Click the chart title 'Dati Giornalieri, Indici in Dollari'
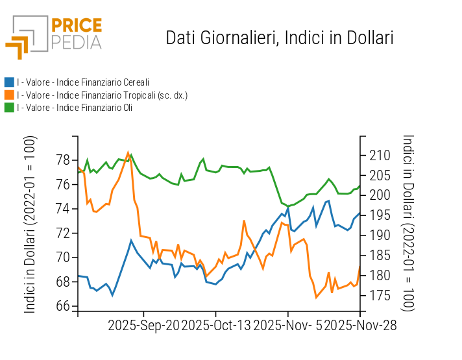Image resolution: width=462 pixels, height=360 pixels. pos(280,38)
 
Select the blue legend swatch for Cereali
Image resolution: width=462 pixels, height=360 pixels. pos(9,82)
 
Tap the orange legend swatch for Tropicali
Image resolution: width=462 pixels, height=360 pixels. pos(9,95)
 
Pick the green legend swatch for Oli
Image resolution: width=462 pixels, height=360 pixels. pos(9,108)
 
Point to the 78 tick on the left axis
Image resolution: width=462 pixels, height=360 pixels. pos(63,160)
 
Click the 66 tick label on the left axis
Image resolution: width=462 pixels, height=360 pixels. pos(63,306)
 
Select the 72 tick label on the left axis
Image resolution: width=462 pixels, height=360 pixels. pos(63,233)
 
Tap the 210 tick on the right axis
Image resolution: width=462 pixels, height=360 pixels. pos(380,156)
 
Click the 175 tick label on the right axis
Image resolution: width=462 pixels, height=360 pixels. pos(380,296)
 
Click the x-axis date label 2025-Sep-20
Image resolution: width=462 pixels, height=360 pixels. pos(143,325)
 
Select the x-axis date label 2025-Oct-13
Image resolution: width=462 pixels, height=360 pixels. pos(215,325)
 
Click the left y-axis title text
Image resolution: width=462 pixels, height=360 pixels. pos(30,224)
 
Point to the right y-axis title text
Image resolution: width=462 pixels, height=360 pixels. pos(408,224)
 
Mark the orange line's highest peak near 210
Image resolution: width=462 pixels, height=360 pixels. pos(128,152)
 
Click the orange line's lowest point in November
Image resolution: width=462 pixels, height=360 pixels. pos(316,297)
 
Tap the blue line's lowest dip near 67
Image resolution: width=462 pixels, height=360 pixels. pos(112,295)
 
